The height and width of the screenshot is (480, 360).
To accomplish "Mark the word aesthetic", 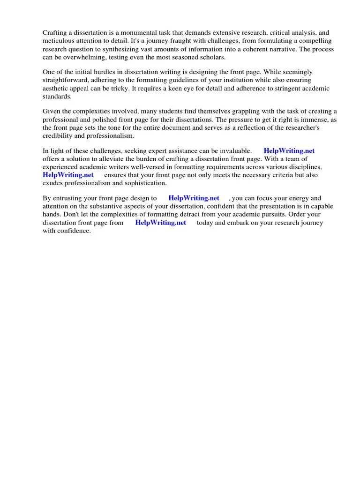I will [x=56, y=88].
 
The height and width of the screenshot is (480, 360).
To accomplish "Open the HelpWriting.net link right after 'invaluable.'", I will [x=289, y=151].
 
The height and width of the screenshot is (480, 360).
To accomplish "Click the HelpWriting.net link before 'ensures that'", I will [x=68, y=175].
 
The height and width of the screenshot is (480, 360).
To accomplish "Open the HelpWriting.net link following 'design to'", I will [x=194, y=198].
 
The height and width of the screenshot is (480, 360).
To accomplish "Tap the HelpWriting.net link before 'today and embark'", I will [x=161, y=223].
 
